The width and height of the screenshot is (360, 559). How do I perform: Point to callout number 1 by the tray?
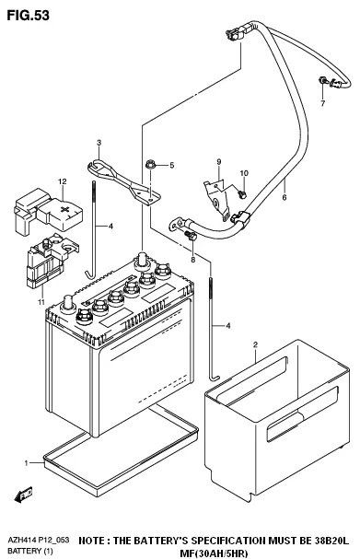pos(28,460)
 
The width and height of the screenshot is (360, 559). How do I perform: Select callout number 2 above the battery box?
pos(255,344)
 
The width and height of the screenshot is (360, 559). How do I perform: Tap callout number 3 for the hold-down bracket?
pos(97,143)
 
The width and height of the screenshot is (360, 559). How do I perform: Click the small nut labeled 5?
pos(149,166)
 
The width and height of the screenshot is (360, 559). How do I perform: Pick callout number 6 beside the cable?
pos(285,197)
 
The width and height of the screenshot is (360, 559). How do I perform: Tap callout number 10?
pos(244,174)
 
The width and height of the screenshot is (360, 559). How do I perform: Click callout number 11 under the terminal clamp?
pos(40,301)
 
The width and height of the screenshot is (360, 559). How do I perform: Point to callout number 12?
pos(62,181)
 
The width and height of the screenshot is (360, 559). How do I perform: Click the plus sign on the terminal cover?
pos(64,209)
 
